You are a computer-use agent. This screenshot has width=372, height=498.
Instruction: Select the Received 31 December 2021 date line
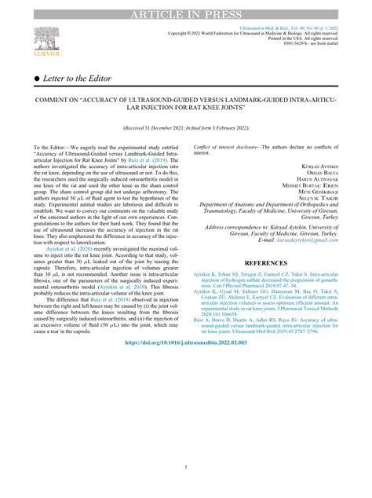click(x=185, y=126)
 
